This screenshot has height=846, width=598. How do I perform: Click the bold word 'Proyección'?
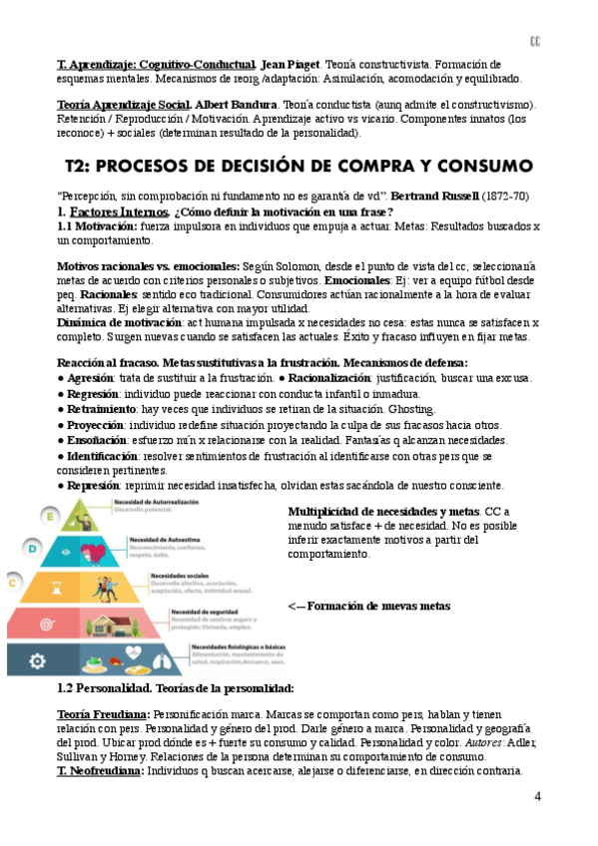(x=98, y=424)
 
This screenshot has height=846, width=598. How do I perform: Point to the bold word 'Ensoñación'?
(x=98, y=440)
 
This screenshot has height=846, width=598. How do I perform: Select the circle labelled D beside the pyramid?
(x=33, y=548)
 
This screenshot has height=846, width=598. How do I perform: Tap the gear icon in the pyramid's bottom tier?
(x=38, y=659)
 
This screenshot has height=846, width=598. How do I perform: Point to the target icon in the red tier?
(x=45, y=624)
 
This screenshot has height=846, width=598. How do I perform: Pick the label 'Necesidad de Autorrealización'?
(x=157, y=501)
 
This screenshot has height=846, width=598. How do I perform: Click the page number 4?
(x=538, y=796)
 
